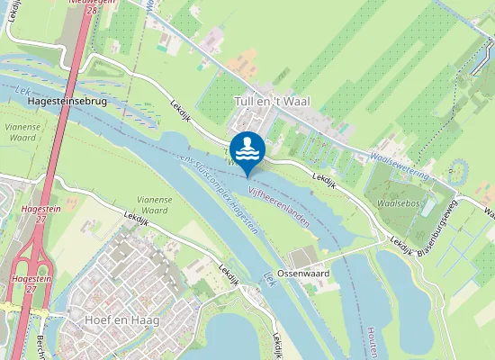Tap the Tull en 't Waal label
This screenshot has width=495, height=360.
coord(271,103)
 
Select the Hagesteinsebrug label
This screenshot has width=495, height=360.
coord(67,103)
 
